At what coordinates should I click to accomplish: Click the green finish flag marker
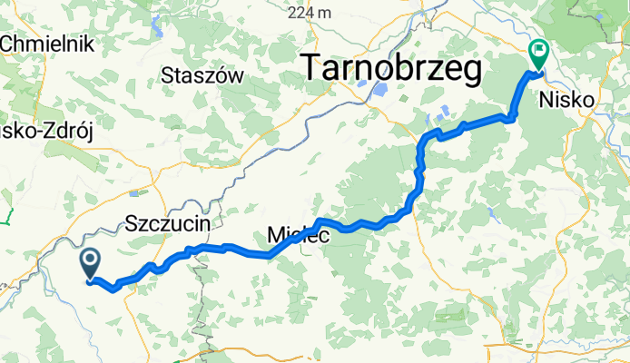coord(537,54)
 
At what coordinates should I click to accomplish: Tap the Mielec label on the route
coord(292,236)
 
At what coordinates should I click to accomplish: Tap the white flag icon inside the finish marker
coord(537,51)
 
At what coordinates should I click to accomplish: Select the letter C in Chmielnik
coord(9,43)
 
